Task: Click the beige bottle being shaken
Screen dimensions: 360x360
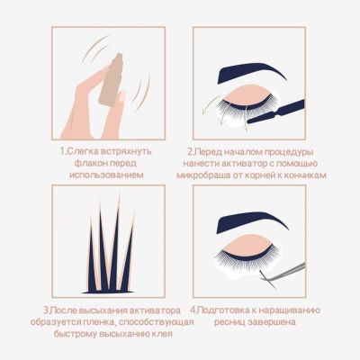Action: (x=111, y=79)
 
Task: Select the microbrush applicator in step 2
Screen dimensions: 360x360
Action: (x=275, y=112)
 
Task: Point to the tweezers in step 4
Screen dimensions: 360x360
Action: (x=283, y=273)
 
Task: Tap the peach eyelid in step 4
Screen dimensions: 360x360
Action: (x=249, y=244)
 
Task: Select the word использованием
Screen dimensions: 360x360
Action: (x=106, y=175)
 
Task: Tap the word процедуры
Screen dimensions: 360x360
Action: (x=289, y=152)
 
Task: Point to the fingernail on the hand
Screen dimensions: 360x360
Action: (x=121, y=95)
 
